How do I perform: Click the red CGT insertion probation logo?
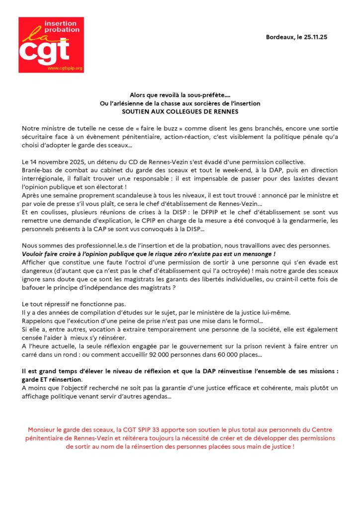[51, 45]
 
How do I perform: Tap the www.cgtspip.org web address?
[65, 68]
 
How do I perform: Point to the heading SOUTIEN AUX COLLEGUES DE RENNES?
[180, 111]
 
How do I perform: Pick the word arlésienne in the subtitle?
[130, 103]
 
